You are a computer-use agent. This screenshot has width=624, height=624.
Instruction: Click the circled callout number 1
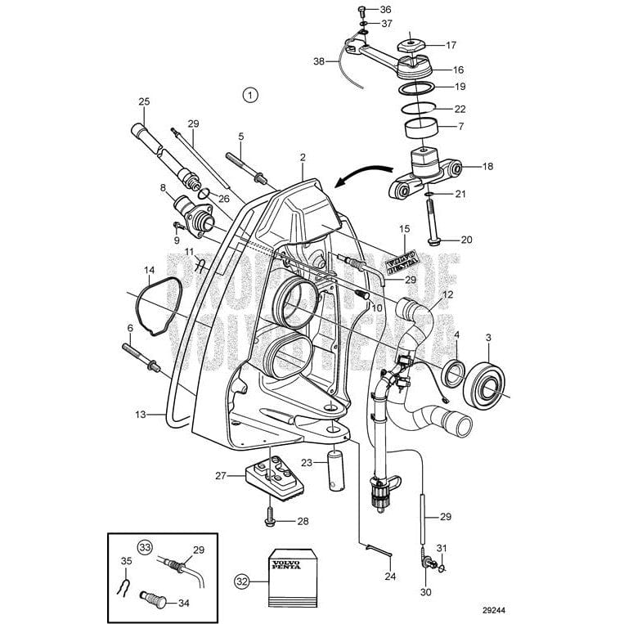250,95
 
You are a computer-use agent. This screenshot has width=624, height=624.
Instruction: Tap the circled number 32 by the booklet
240,581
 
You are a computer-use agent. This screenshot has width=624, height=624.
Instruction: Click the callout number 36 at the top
385,9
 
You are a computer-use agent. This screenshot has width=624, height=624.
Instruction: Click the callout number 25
144,101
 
